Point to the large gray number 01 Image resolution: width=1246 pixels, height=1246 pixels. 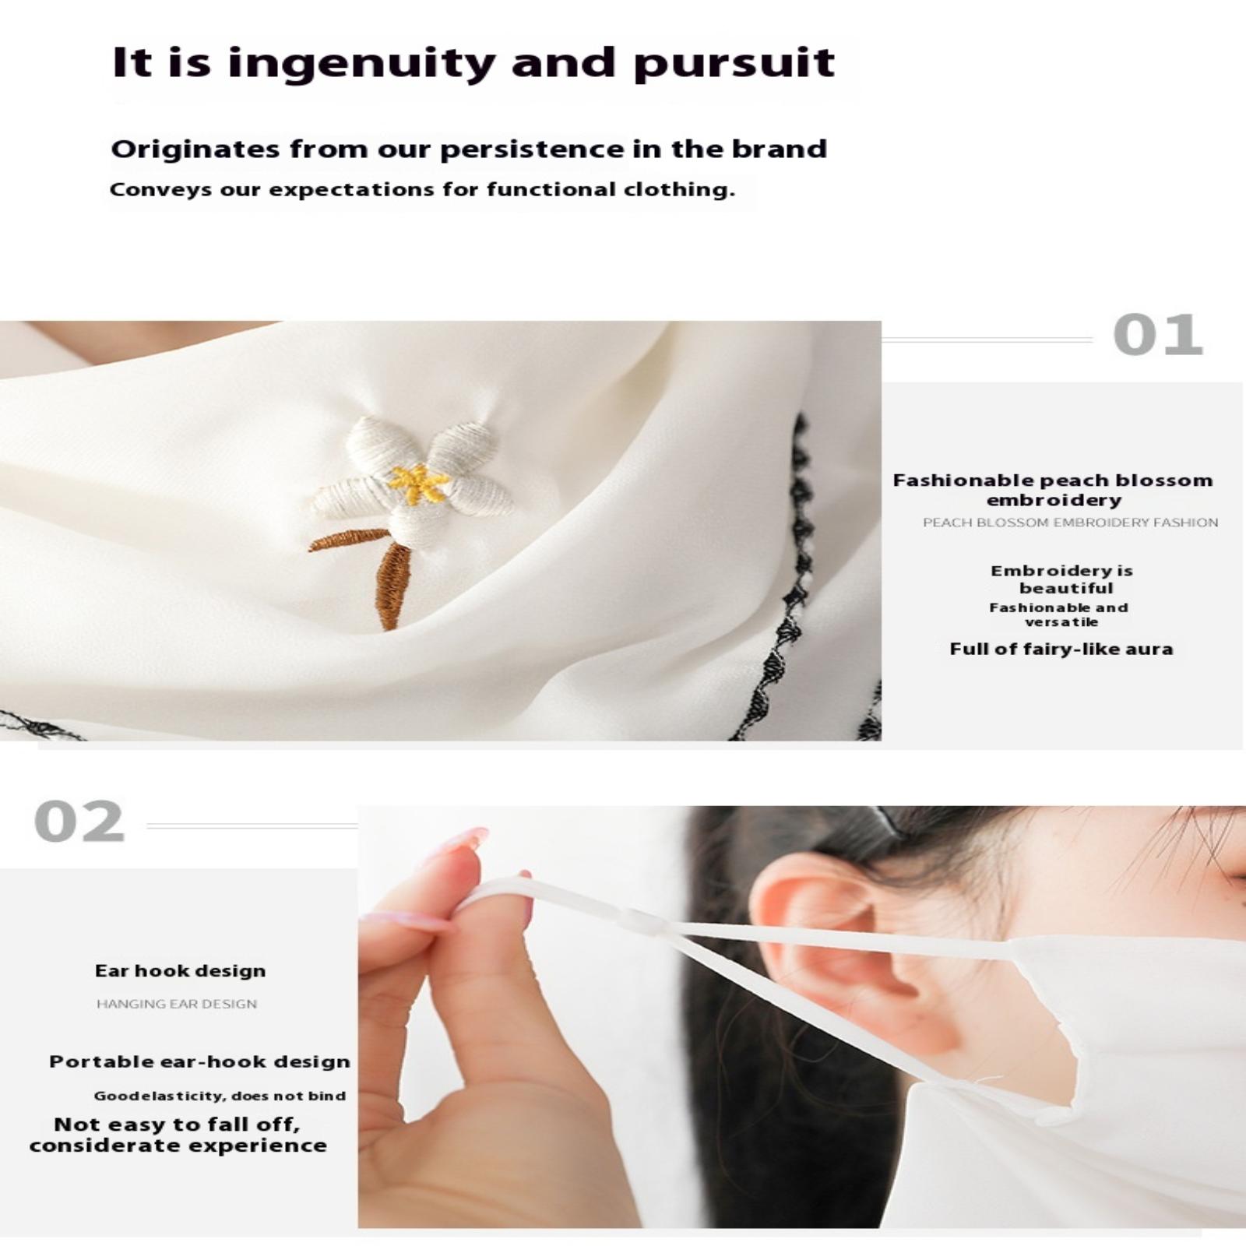[1158, 336]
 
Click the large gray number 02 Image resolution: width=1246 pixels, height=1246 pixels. [79, 822]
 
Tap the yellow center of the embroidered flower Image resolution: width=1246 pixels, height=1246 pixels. [420, 484]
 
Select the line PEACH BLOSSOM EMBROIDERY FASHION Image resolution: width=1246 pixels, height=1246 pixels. [1070, 523]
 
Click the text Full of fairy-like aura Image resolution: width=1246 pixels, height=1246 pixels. [1061, 649]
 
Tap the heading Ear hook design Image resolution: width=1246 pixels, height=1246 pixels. [180, 970]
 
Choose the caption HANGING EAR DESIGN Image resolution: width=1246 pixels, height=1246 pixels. [177, 1005]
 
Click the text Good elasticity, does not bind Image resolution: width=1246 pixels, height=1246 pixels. [220, 1096]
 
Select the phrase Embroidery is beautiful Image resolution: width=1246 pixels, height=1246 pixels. [1062, 579]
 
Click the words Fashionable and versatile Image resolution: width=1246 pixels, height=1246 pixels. [1059, 614]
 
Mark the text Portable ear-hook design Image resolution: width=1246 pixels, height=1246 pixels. [199, 1061]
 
